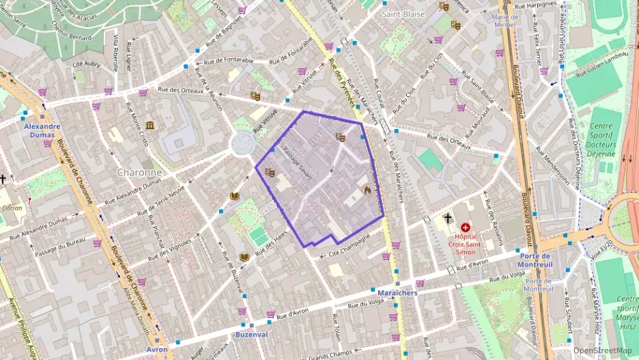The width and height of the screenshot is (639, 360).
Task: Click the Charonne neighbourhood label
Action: [139, 172]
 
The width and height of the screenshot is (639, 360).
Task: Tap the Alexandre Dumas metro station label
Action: [42, 130]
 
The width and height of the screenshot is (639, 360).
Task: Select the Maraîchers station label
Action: [397, 292]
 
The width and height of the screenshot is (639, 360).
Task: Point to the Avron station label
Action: [156, 349]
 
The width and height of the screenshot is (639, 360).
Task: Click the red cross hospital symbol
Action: [466, 227]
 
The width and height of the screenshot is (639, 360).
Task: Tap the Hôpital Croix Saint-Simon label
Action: [466, 243]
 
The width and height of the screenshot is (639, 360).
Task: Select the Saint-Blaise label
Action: [403, 14]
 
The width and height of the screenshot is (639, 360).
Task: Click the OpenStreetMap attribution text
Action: [602, 350]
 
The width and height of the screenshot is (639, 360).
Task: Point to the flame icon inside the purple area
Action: [367, 191]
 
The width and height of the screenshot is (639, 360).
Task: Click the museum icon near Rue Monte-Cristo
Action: [150, 124]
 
